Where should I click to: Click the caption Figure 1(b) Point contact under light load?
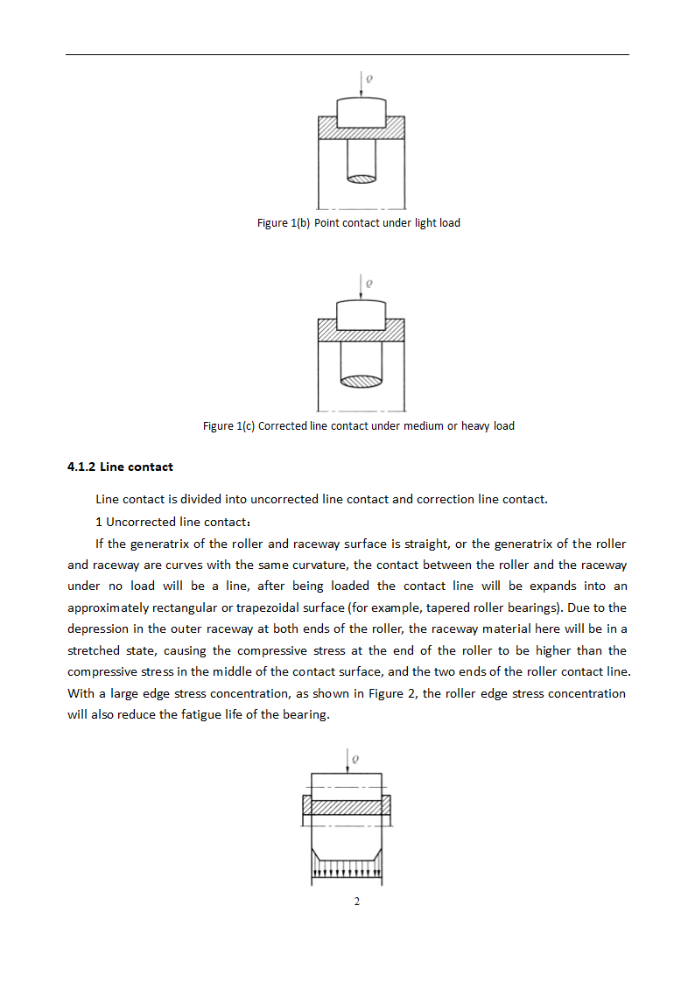point(358,223)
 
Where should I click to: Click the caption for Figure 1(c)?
point(358,426)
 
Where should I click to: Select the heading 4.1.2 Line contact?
point(120,467)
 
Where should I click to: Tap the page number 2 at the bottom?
point(357,902)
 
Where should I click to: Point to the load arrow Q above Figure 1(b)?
point(361,87)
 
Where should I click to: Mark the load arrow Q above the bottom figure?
point(348,761)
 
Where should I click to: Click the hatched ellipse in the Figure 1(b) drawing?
point(362,179)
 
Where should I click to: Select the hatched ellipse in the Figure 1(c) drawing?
point(362,381)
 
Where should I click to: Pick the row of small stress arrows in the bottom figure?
point(347,872)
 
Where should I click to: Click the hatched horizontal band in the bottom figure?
point(347,807)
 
